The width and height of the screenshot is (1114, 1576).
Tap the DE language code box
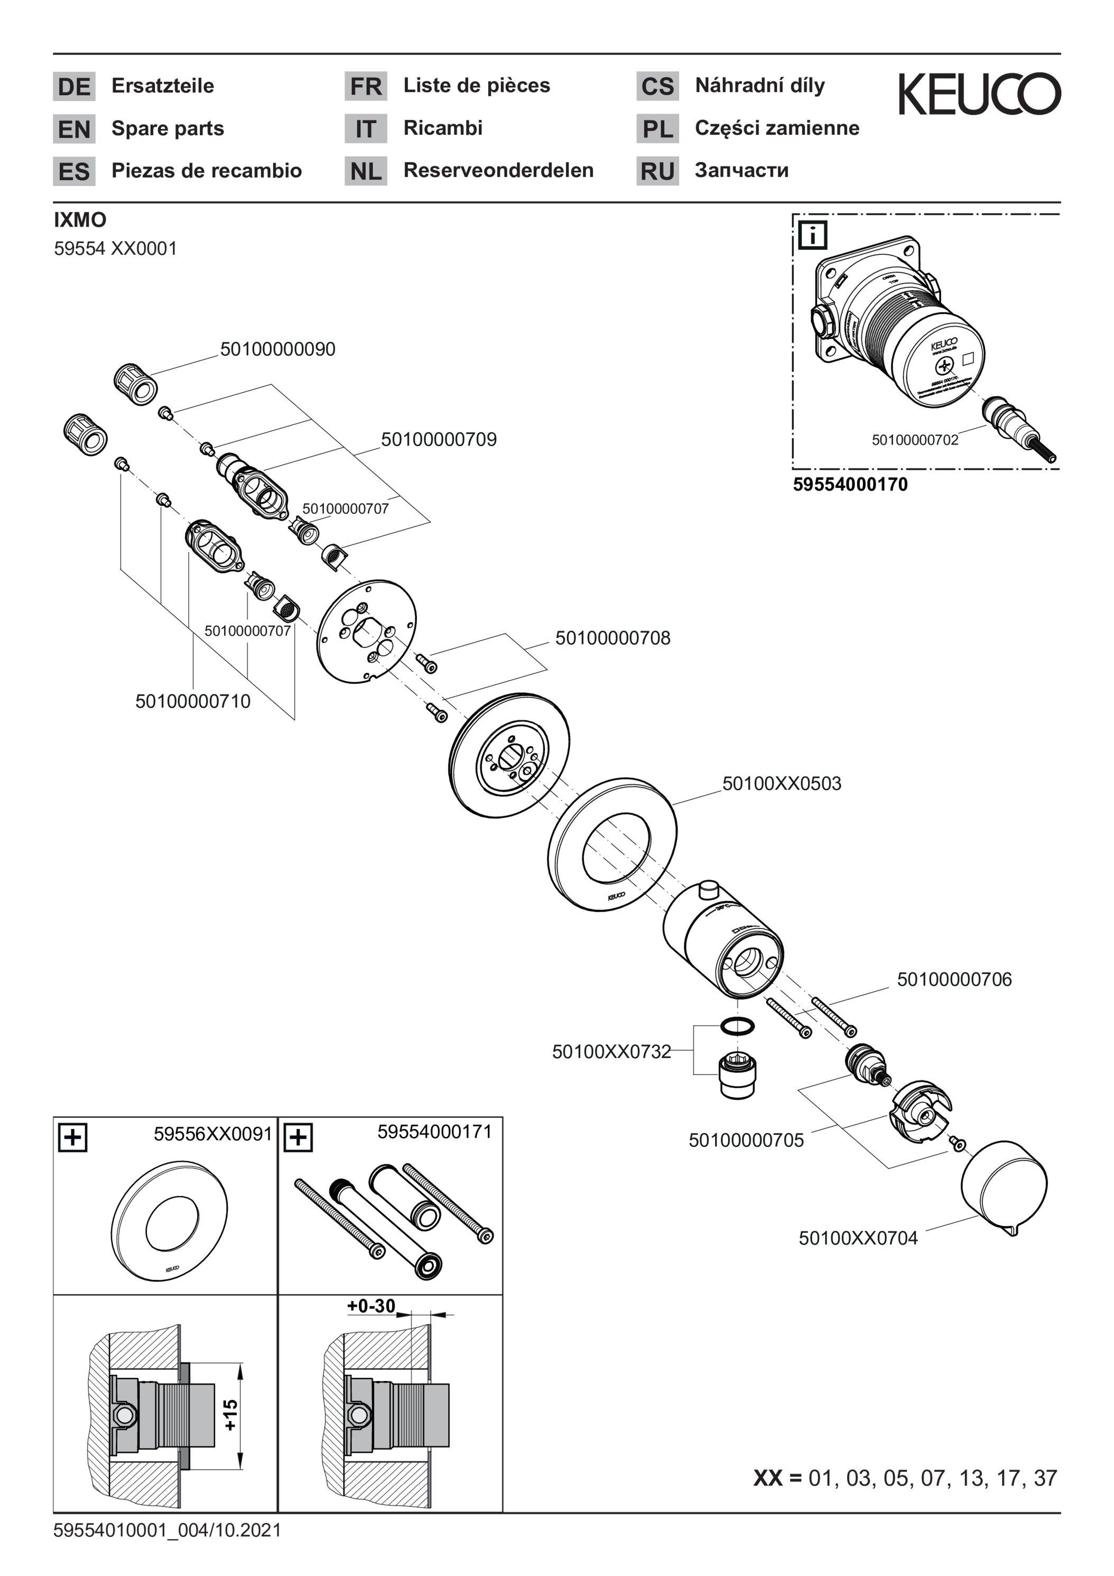[x=74, y=87]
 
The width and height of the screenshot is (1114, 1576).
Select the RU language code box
[x=657, y=171]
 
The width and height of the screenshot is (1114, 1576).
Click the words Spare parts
[x=168, y=128]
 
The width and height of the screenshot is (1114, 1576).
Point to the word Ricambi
[x=443, y=128]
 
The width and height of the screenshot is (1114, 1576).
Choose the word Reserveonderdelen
[x=498, y=170]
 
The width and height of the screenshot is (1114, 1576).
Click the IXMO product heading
[x=80, y=220]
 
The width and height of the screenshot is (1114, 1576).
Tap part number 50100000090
[x=278, y=349]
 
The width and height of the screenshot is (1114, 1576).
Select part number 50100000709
[x=439, y=439]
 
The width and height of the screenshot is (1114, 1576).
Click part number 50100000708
[x=613, y=638]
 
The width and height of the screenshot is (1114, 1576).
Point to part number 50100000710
[x=193, y=701]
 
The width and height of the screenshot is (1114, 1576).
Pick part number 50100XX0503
[x=782, y=783]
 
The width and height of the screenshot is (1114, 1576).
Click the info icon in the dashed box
[x=813, y=235]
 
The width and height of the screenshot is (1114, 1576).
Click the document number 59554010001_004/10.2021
[x=167, y=1530]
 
